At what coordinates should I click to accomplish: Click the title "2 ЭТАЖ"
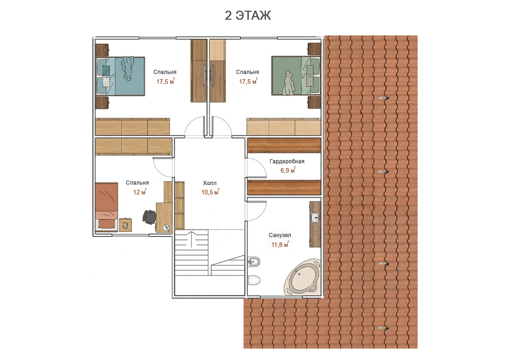pos(248,15)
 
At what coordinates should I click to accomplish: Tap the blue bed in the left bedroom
pos(120,76)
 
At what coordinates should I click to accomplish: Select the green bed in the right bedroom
pos(295,76)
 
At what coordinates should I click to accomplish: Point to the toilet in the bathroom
pos(254,280)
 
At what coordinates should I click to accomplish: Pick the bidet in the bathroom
pos(254,261)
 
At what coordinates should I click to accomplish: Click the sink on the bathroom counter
pos(315,217)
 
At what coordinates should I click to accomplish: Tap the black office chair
pos(149,217)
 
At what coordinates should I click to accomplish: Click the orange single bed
pos(107,206)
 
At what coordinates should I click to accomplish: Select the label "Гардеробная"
pos(287,161)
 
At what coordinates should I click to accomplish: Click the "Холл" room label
pos(210,183)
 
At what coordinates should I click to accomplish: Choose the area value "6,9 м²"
pos(288,170)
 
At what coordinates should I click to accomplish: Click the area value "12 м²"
pos(140,192)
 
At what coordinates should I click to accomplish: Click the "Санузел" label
pos(280,235)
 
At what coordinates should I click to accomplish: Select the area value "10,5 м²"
pos(211,192)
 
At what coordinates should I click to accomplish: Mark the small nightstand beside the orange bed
pos(125,225)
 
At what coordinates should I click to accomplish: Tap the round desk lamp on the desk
pos(167,228)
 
